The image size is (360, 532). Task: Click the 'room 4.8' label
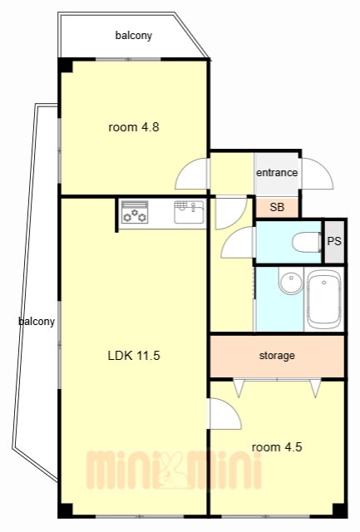tap(134, 127)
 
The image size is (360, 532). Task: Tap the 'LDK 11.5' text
tap(134, 356)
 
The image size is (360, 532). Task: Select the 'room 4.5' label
tap(277, 447)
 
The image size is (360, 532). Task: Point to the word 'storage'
tap(277, 356)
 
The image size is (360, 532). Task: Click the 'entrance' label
tap(277, 173)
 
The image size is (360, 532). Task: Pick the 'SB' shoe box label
tap(277, 207)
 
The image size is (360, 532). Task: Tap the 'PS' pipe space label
tap(334, 241)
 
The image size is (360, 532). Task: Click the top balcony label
tap(134, 35)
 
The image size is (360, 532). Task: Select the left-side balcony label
tap(37, 322)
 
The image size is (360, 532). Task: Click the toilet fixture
tap(307, 242)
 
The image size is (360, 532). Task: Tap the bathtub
tap(323, 299)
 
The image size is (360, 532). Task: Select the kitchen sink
tap(189, 212)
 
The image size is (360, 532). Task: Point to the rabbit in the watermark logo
tap(172, 470)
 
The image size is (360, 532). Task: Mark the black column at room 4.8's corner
tap(65, 65)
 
